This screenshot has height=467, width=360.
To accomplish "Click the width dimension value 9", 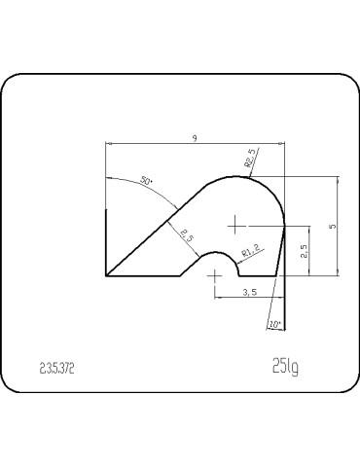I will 196,139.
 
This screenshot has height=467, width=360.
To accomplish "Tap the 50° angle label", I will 146,182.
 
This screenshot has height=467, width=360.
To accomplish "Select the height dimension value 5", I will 333,226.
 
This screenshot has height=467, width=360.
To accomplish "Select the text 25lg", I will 285,367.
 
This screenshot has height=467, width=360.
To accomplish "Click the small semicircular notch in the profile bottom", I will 215,255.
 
